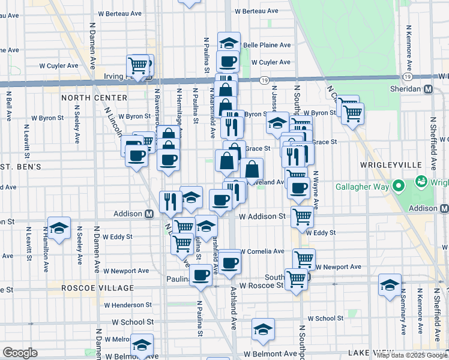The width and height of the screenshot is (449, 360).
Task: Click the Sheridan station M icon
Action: (429, 88)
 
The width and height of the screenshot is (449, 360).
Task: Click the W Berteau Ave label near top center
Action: (256, 11)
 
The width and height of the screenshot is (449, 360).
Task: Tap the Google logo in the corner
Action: (20, 353)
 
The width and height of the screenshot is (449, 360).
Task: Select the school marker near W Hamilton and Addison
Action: (59, 228)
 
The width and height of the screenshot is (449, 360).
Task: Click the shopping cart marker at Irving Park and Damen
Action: (138, 65)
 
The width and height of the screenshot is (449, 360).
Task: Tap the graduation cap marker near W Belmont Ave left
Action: (142, 345)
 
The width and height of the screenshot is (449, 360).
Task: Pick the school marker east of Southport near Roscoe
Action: (390, 285)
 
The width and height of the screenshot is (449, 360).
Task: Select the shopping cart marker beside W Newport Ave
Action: (304, 259)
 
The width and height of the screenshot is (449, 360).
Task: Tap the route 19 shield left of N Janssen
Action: (265, 79)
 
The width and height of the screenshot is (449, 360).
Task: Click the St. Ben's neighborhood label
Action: (20, 166)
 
